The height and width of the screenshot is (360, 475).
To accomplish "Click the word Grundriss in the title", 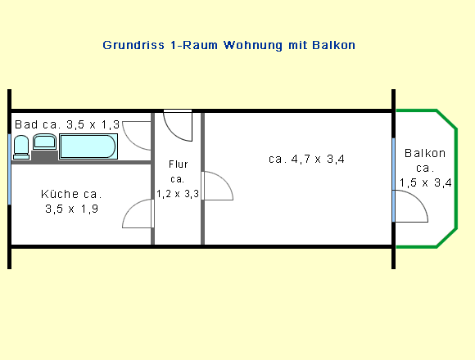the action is [133, 45].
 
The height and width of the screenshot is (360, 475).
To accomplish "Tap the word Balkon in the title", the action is [333, 45].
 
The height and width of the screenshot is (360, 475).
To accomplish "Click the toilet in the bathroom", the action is [21, 147].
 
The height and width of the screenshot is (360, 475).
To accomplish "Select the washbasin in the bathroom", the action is [44, 142].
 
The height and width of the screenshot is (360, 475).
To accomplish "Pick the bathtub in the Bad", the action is [88, 146].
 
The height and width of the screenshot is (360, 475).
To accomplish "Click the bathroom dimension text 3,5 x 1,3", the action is [93, 124].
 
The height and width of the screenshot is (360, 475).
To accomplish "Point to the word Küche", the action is [60, 194].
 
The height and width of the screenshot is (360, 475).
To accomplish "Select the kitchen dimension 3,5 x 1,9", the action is [72, 209].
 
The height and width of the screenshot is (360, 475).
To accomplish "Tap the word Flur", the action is [179, 164].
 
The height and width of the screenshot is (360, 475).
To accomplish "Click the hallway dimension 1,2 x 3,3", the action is [178, 194].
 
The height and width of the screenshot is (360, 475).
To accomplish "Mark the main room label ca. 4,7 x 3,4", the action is [306, 159].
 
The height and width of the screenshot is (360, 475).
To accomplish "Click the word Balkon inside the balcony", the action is [425, 153].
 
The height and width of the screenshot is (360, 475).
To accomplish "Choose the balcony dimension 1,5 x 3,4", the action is [425, 182].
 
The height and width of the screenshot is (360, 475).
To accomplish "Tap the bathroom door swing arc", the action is [128, 140].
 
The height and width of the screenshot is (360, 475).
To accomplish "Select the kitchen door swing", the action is [129, 209].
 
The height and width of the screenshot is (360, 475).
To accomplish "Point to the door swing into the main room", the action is [224, 179].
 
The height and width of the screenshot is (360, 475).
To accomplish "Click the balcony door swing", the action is [419, 200].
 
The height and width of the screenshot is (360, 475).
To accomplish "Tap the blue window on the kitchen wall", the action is [9, 169].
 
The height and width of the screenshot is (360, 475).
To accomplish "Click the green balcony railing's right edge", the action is [456, 179].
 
